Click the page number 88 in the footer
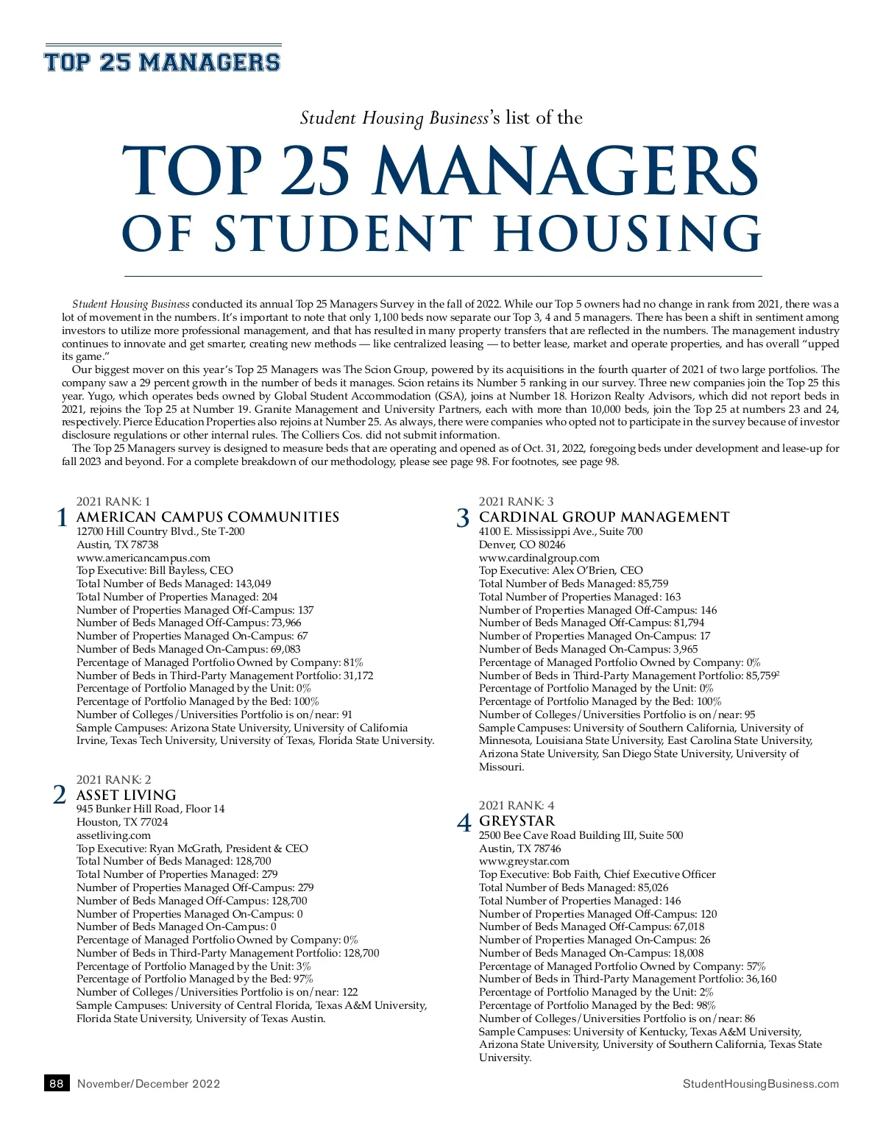click(x=57, y=1083)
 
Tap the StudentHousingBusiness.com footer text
click(x=760, y=1083)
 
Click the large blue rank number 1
click(x=63, y=518)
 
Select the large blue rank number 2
click(x=60, y=795)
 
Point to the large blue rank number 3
click(x=462, y=518)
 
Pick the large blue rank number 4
click(x=464, y=822)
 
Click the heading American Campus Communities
click(x=208, y=517)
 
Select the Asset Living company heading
click(x=127, y=795)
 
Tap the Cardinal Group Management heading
click(x=604, y=517)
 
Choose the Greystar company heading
click(x=517, y=821)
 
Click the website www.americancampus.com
click(x=143, y=558)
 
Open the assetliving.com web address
click(x=113, y=835)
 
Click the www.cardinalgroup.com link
click(x=539, y=558)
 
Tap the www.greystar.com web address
click(x=524, y=861)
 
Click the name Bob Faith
click(x=575, y=874)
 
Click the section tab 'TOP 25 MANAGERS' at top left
click(x=163, y=62)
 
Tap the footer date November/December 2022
click(x=149, y=1083)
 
